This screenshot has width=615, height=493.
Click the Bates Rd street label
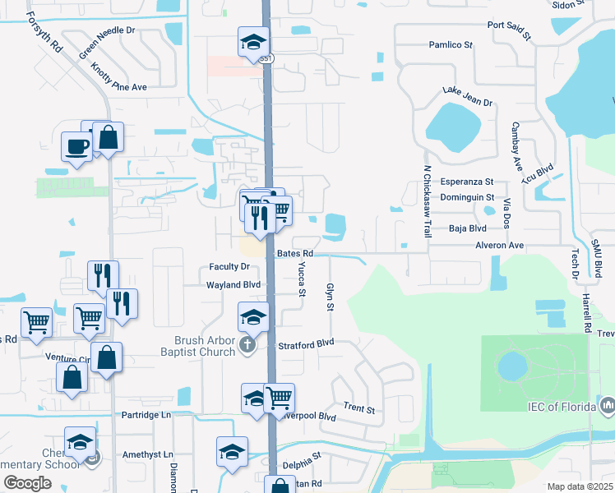click(294, 254)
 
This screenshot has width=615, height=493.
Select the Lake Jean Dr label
click(467, 96)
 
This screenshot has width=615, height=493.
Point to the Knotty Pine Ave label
click(119, 76)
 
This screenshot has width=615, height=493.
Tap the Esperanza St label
click(467, 182)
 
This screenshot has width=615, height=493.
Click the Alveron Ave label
click(498, 245)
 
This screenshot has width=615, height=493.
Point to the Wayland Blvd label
click(234, 285)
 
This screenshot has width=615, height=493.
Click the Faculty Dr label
click(229, 266)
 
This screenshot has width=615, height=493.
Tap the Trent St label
click(359, 408)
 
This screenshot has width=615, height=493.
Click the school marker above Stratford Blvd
click(254, 316)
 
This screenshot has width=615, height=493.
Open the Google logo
click(27, 483)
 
